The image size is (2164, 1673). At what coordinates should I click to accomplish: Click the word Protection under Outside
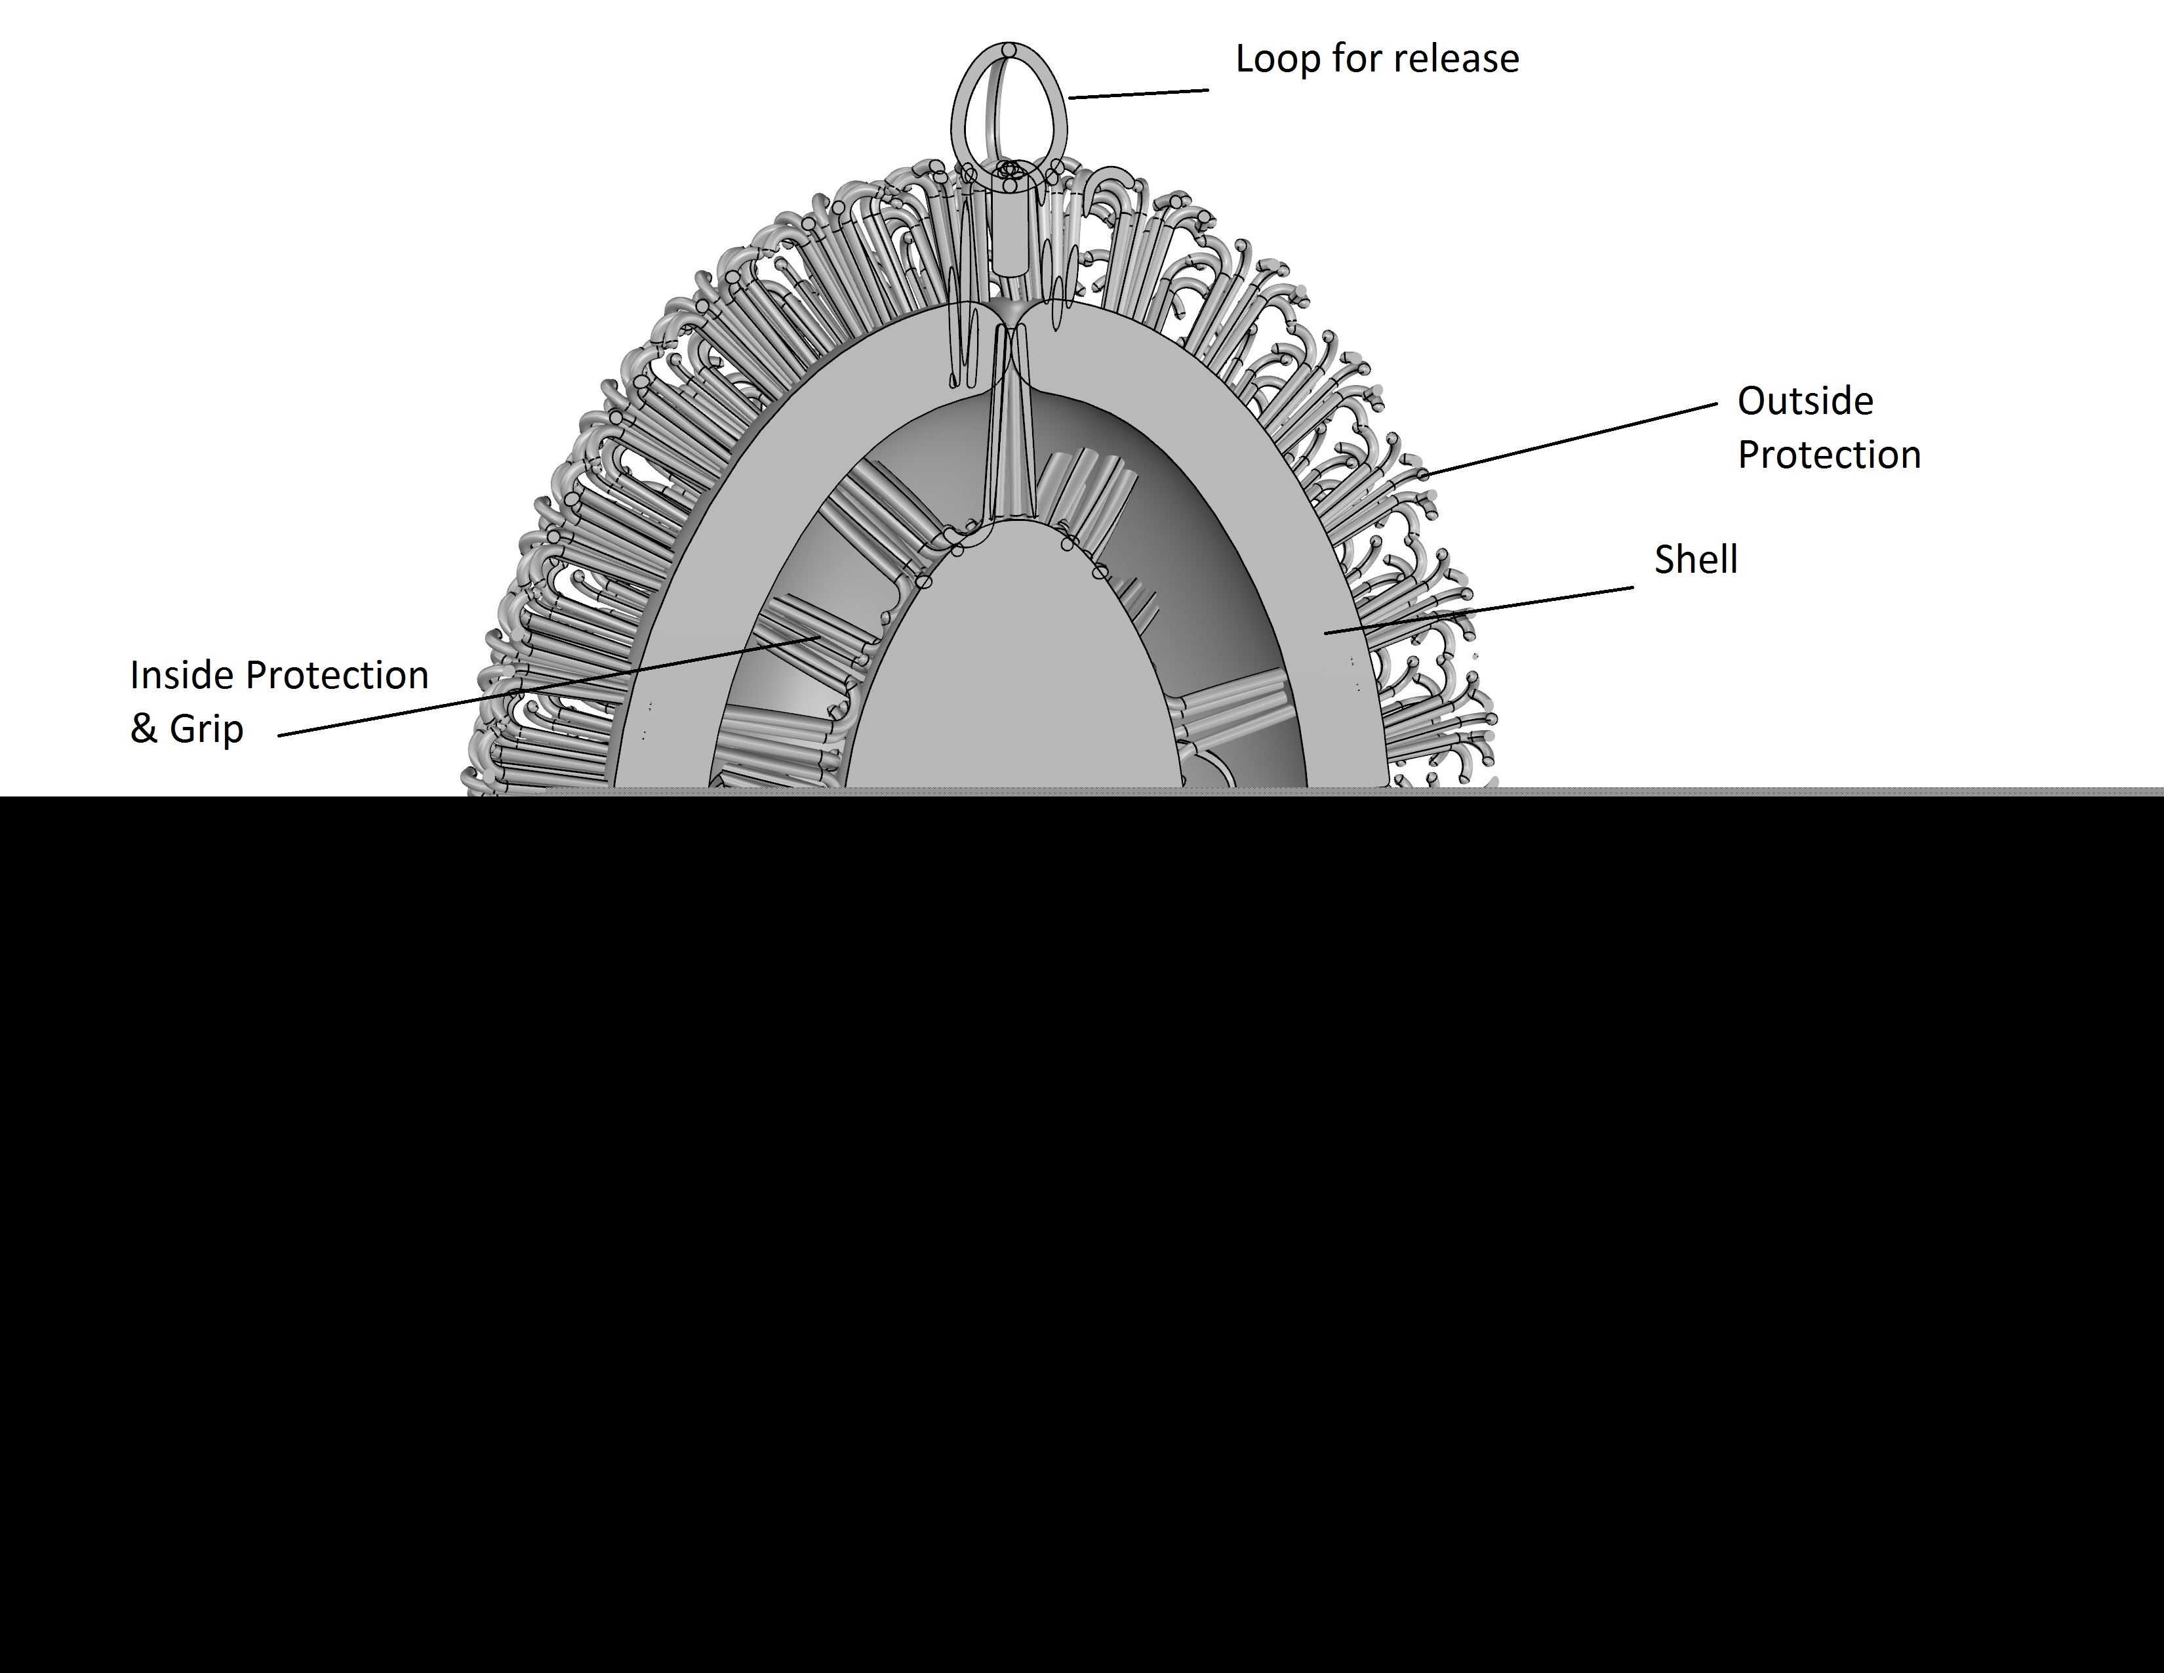pyautogui.click(x=1829, y=454)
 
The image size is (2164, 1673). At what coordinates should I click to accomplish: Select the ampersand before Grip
pyautogui.click(x=144, y=728)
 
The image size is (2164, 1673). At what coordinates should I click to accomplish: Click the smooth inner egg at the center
pyautogui.click(x=1011, y=674)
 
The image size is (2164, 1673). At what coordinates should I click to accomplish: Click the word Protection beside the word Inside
pyautogui.click(x=337, y=675)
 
